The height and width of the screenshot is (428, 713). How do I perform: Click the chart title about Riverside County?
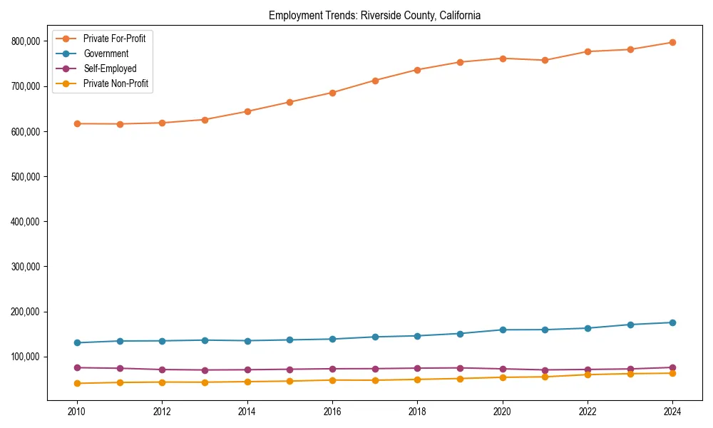[x=374, y=16]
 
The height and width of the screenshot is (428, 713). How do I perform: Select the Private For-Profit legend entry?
[x=114, y=39]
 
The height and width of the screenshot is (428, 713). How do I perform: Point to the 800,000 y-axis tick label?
[x=25, y=41]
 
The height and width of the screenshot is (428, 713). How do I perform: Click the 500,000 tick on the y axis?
[x=25, y=176]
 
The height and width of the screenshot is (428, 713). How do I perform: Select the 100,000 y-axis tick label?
[x=25, y=357]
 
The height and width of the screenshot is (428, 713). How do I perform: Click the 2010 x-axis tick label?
[x=77, y=412]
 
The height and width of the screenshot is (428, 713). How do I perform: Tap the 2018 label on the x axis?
[x=418, y=412]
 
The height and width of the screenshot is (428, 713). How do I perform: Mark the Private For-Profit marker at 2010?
[x=77, y=123]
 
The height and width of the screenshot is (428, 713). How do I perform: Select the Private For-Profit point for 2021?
[x=545, y=60]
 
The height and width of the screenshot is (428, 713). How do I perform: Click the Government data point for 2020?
[x=503, y=330]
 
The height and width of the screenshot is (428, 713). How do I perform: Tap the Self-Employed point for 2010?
[x=77, y=367]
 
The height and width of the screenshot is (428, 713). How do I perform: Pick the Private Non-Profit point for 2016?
[x=332, y=379]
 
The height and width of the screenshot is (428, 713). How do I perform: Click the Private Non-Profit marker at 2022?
[x=588, y=374]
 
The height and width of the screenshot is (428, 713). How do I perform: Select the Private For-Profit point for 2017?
[x=375, y=81]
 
